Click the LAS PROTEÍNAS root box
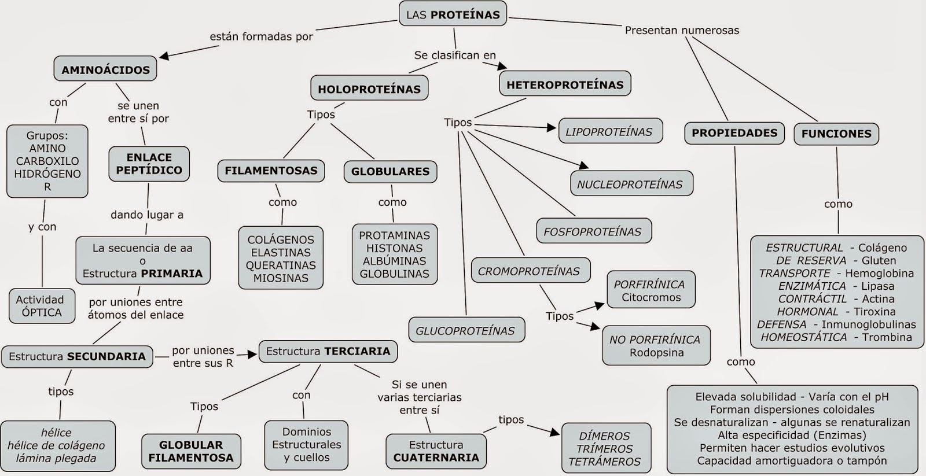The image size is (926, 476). (453, 14)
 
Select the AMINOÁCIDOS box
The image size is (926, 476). (105, 69)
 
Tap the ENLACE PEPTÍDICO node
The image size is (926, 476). (149, 164)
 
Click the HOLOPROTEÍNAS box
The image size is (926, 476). (369, 89)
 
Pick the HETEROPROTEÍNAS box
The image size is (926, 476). (565, 84)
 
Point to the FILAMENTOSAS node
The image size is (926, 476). (271, 171)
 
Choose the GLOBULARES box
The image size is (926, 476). (390, 171)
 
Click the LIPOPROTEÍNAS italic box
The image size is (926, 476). (609, 132)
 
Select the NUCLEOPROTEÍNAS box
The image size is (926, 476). (630, 185)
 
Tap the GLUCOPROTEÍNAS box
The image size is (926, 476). (465, 331)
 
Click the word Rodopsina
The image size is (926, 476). (656, 353)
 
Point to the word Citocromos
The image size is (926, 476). (651, 298)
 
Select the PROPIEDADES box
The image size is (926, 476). (734, 133)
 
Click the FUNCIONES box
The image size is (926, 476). (836, 134)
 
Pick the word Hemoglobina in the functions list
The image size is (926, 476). (879, 273)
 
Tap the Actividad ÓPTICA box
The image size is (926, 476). (42, 306)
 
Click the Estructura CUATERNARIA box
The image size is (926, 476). (436, 451)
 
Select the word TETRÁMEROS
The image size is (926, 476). (604, 462)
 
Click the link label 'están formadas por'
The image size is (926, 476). (261, 36)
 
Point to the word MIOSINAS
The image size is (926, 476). (281, 278)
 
